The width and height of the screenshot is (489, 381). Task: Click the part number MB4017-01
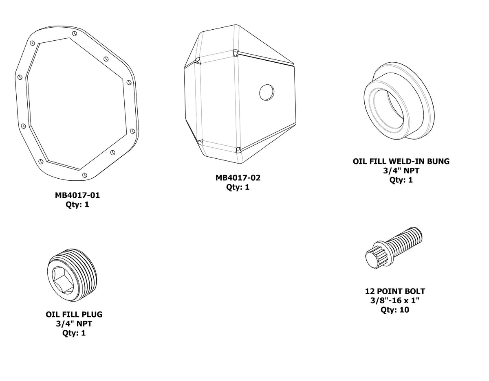pyautogui.click(x=77, y=195)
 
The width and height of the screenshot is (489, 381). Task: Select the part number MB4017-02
pyautogui.click(x=238, y=178)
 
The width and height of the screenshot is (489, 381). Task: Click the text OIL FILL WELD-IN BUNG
pyautogui.click(x=401, y=161)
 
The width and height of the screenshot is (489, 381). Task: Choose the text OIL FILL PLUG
pyautogui.click(x=74, y=315)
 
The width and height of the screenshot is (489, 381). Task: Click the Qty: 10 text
pyautogui.click(x=394, y=310)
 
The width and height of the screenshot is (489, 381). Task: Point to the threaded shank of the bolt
pyautogui.click(x=405, y=241)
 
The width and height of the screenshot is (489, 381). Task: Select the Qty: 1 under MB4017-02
pyautogui.click(x=238, y=187)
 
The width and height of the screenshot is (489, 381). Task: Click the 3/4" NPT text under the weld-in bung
pyautogui.click(x=401, y=171)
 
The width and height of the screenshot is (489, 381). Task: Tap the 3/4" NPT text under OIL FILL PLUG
pyautogui.click(x=74, y=324)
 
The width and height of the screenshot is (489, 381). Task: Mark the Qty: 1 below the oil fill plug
pyautogui.click(x=74, y=333)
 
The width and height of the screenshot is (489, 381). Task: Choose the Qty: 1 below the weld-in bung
pyautogui.click(x=401, y=180)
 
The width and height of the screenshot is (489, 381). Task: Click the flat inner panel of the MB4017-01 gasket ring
pyautogui.click(x=75, y=106)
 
